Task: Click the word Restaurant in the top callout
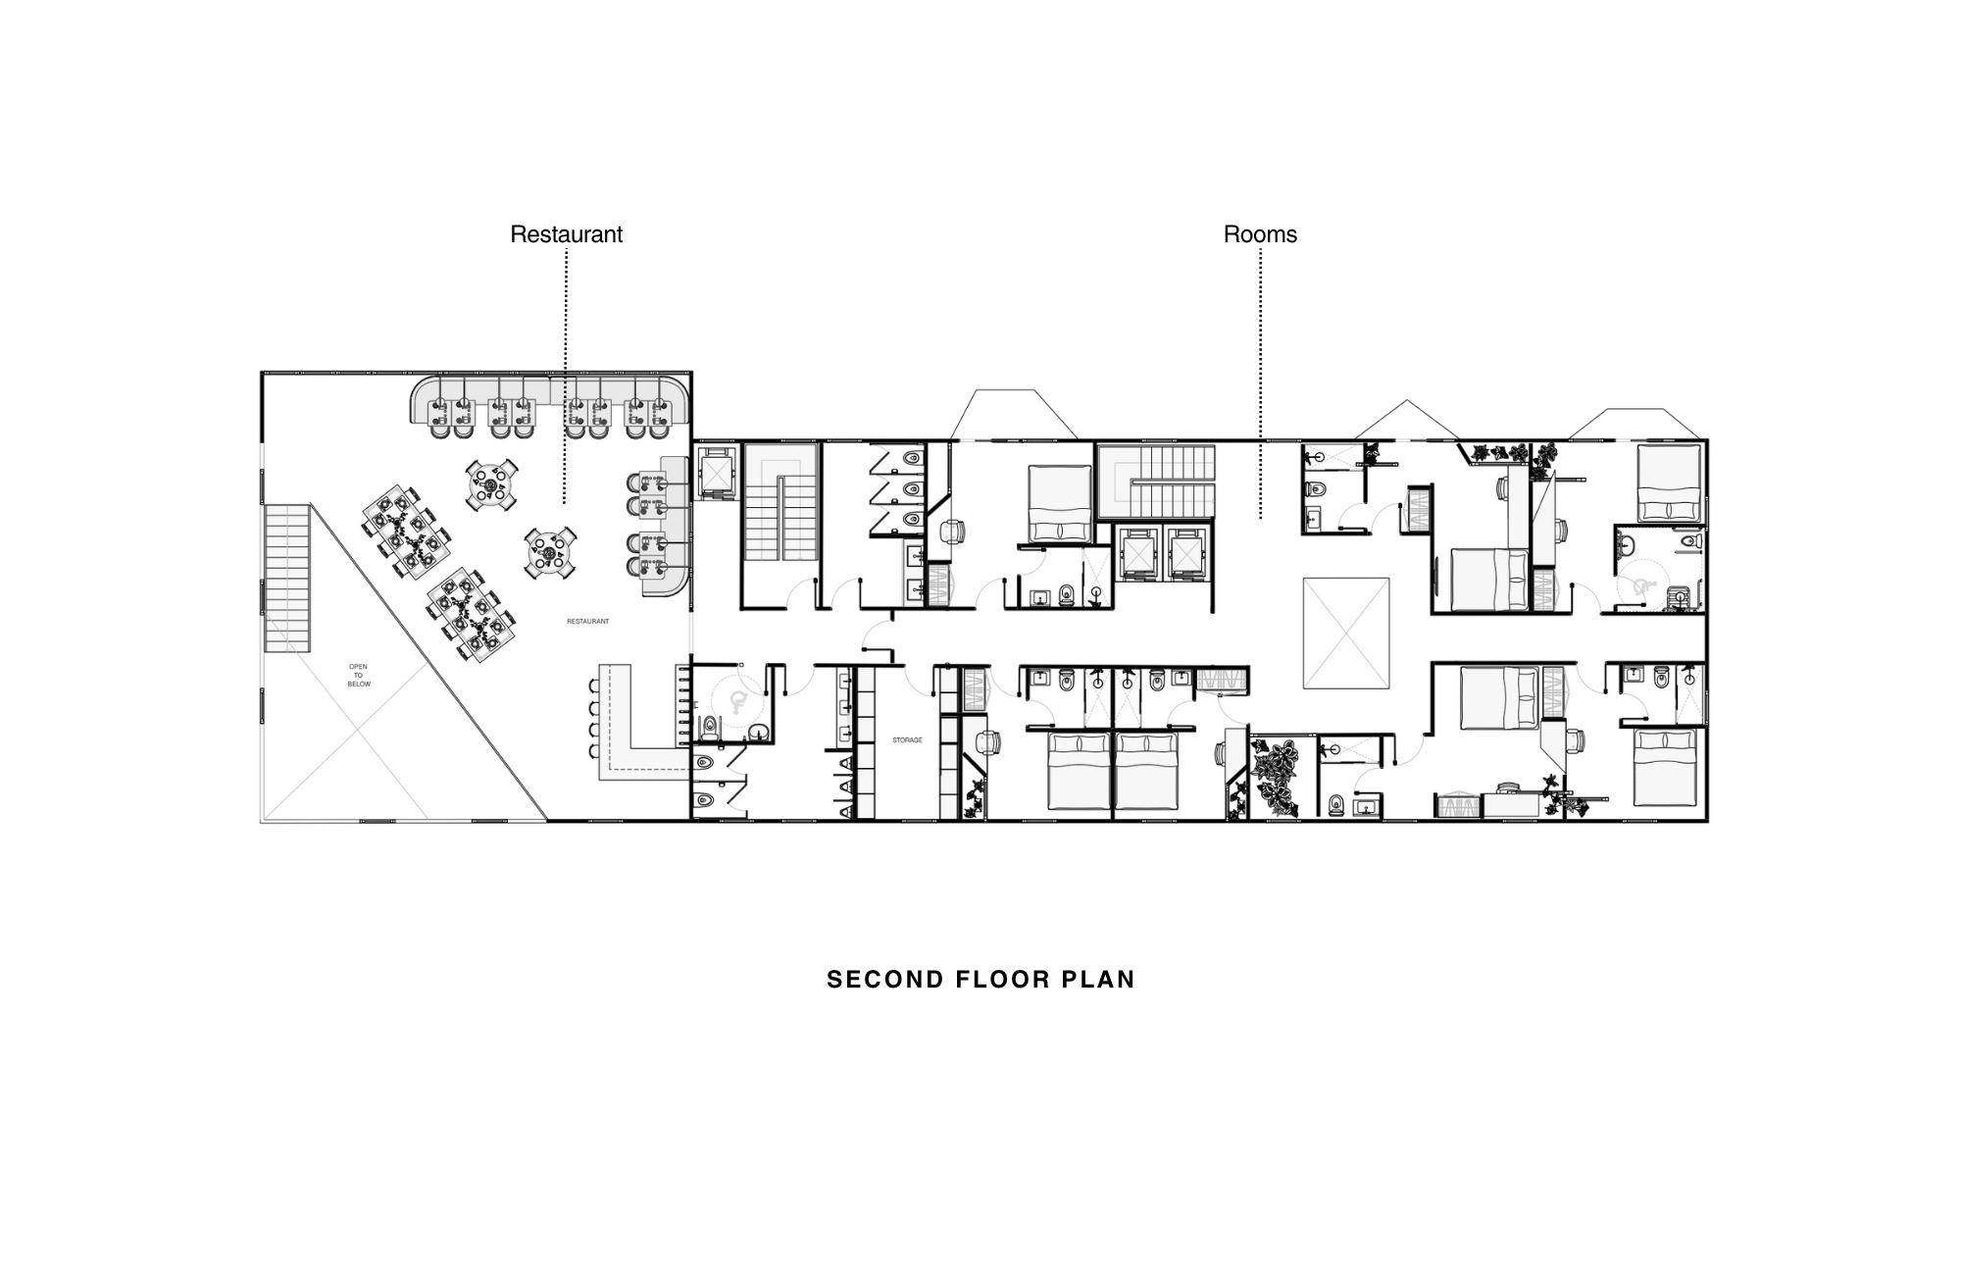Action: [566, 234]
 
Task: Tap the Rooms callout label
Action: [1260, 234]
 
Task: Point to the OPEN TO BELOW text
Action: [359, 676]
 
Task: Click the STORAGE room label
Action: [907, 740]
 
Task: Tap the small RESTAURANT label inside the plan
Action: [588, 622]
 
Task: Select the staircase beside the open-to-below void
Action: [287, 578]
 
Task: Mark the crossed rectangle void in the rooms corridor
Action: [1346, 633]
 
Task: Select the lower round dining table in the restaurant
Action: [549, 554]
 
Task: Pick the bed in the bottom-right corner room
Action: [1665, 769]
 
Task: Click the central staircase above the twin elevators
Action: [1155, 482]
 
